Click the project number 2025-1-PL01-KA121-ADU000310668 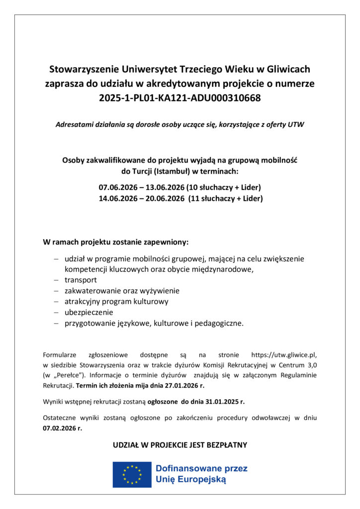[180, 98]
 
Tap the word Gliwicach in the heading [288, 69]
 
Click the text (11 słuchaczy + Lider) [225, 198]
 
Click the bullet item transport [81, 280]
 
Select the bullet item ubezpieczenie [89, 312]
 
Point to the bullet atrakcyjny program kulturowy [116, 301]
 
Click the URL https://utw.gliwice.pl [283, 355]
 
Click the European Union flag [132, 474]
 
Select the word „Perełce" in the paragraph [69, 375]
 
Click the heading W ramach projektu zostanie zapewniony [116, 243]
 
